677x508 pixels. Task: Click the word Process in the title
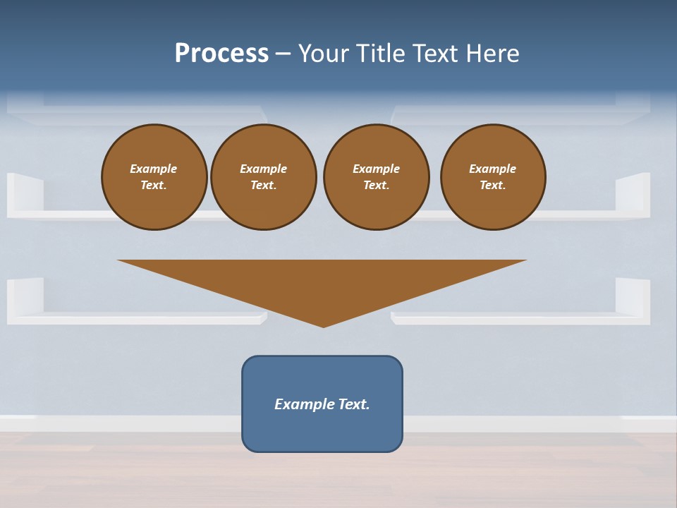click(x=221, y=54)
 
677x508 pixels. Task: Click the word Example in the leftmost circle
click(x=154, y=169)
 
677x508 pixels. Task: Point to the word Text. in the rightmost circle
click(x=493, y=186)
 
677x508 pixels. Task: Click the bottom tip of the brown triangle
click(x=323, y=325)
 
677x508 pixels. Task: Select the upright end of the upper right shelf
click(x=633, y=192)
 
